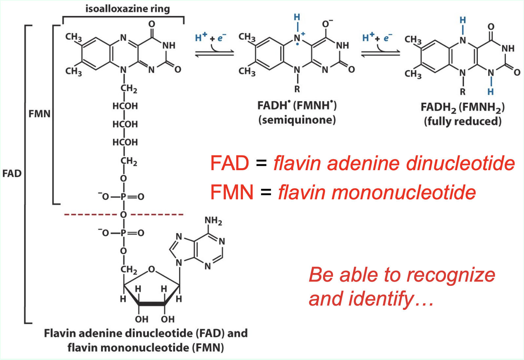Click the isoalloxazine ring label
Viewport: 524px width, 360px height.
(128, 9)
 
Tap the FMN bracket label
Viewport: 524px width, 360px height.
(39, 114)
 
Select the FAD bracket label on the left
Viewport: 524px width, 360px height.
(12, 173)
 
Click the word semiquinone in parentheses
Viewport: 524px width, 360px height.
(297, 120)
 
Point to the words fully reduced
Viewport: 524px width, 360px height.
(463, 121)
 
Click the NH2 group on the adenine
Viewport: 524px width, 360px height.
(213, 221)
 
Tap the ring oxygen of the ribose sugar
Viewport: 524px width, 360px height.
(151, 270)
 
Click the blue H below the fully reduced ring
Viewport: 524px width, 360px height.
(491, 92)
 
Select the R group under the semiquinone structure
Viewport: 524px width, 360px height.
(297, 89)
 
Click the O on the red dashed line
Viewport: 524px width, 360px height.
(124, 215)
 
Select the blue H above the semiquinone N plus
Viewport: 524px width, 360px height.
(297, 17)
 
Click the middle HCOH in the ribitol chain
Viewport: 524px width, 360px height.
(125, 124)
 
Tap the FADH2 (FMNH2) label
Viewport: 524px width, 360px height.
(462, 107)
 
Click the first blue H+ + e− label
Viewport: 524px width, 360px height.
(211, 38)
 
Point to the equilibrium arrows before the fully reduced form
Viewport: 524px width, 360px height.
(380, 53)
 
